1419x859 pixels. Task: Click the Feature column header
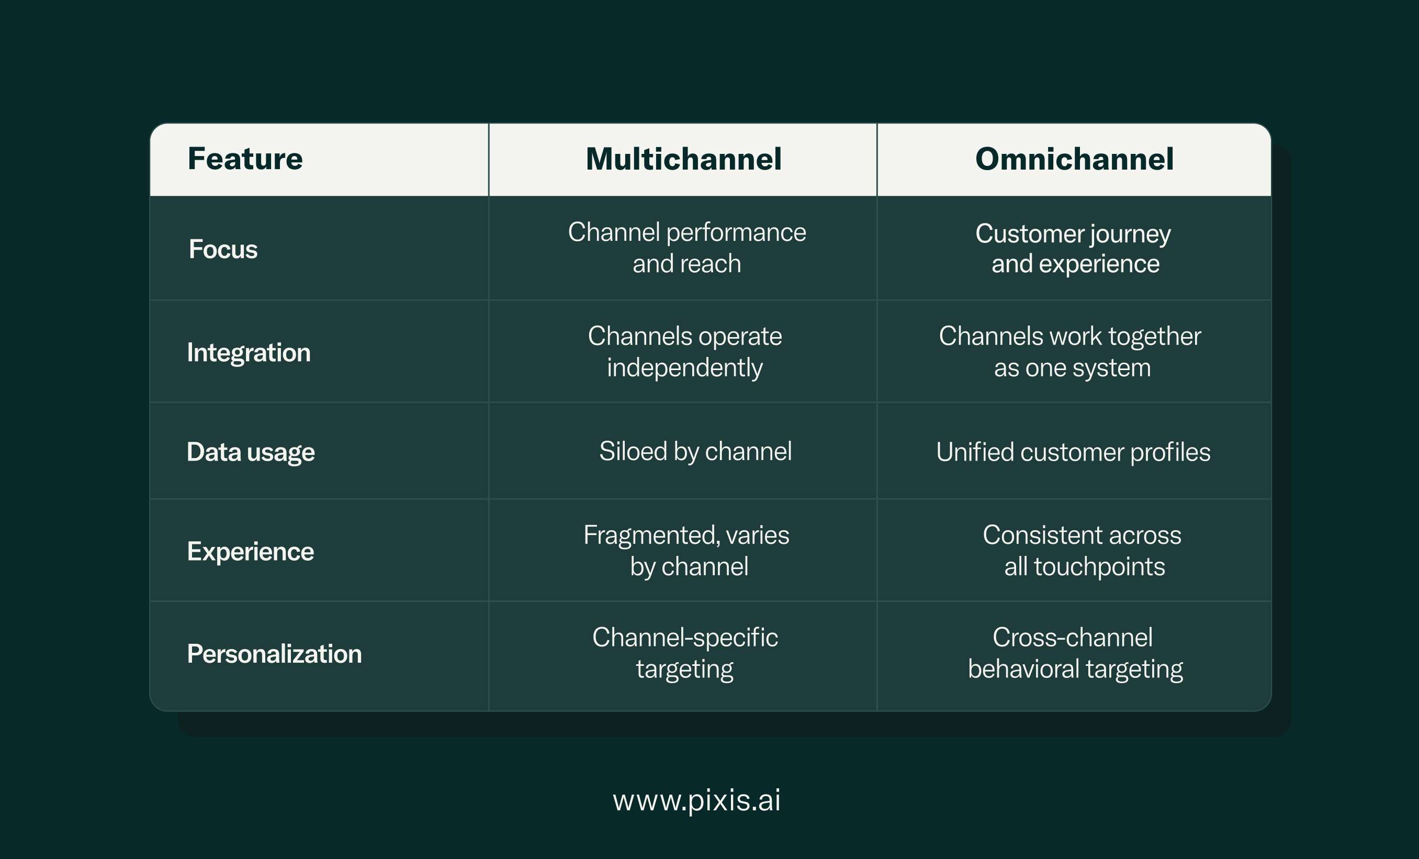(x=245, y=159)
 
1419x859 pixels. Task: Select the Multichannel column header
(x=683, y=159)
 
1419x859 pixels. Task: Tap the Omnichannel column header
(x=1074, y=159)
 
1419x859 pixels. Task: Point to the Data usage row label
(x=251, y=452)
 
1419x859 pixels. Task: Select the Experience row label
(x=251, y=552)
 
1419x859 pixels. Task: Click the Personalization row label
(x=274, y=654)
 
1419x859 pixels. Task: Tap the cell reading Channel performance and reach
(x=687, y=248)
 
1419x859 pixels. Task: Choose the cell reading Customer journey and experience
(x=1074, y=248)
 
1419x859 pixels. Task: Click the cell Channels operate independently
(x=685, y=352)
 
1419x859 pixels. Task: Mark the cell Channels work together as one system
(x=1070, y=352)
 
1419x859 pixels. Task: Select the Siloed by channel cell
(x=695, y=452)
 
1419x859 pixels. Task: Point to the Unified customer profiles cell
(x=1074, y=452)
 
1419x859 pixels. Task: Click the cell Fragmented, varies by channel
(x=686, y=551)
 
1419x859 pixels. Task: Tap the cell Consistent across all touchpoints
(x=1082, y=551)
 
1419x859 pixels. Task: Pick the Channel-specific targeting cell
(x=685, y=653)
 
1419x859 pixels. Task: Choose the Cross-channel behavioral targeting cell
(x=1075, y=653)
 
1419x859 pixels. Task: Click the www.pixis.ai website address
(x=697, y=801)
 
